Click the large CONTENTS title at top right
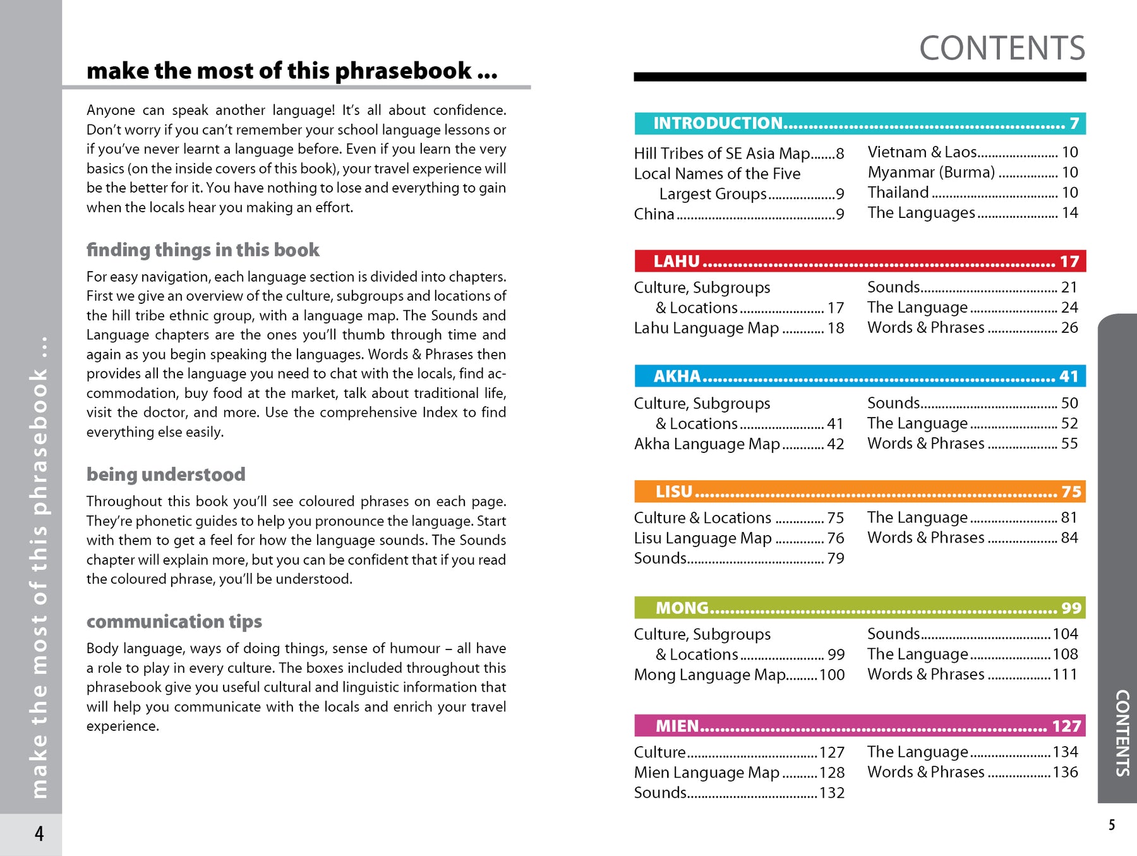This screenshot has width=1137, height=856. pyautogui.click(x=1002, y=49)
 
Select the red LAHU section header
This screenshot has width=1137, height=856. pyautogui.click(x=860, y=261)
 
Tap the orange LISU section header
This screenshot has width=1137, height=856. pyautogui.click(x=860, y=491)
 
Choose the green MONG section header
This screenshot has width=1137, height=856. pyautogui.click(x=860, y=608)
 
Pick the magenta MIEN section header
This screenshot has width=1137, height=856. pyautogui.click(x=860, y=726)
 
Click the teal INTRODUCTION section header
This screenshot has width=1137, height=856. pyautogui.click(x=860, y=123)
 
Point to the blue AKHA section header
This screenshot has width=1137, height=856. pyautogui.click(x=860, y=377)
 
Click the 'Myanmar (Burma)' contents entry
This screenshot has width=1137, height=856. pyautogui.click(x=931, y=172)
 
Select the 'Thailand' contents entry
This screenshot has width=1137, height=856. pyautogui.click(x=898, y=193)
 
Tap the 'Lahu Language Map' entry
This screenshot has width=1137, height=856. pyautogui.click(x=706, y=328)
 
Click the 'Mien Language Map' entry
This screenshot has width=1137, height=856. pyautogui.click(x=706, y=773)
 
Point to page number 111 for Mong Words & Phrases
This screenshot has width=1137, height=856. pyautogui.click(x=1065, y=675)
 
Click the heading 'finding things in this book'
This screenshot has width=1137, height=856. pyautogui.click(x=203, y=250)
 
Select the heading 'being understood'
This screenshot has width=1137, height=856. pyautogui.click(x=166, y=474)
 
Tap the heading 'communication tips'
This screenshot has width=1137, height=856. pyautogui.click(x=174, y=622)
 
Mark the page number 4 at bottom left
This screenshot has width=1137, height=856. pyautogui.click(x=39, y=834)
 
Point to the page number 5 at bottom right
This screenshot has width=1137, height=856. pyautogui.click(x=1112, y=825)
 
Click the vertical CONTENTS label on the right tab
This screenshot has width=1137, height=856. pyautogui.click(x=1122, y=733)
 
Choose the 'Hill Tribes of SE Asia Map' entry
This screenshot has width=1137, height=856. pyautogui.click(x=722, y=154)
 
